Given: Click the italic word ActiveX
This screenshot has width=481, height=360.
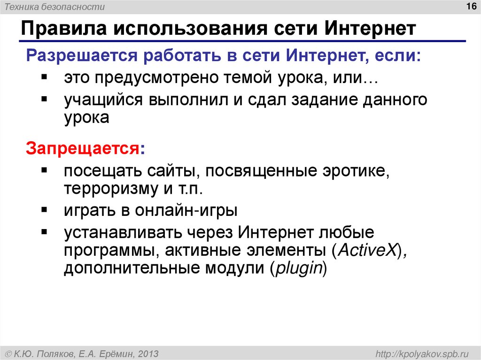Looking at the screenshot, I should coord(366,250).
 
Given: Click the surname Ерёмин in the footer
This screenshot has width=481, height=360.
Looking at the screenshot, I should coord(116,352).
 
